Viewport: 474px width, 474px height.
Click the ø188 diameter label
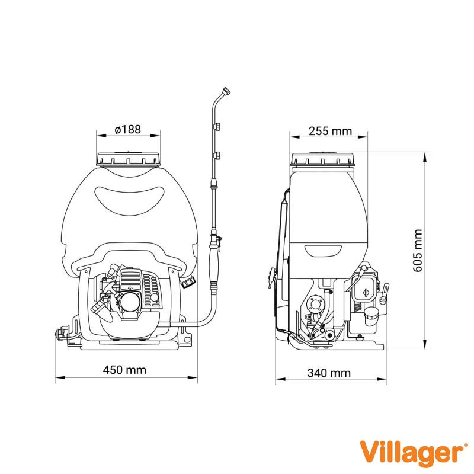[x=128, y=129]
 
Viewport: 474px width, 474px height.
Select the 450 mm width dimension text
[x=124, y=370]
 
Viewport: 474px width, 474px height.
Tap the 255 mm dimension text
[x=331, y=131]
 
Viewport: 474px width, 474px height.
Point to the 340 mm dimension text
[x=329, y=373]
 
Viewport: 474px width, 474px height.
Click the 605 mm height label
[x=418, y=251]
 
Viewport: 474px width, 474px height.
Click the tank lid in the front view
[x=128, y=159]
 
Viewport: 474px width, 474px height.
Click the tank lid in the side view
[x=323, y=159]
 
